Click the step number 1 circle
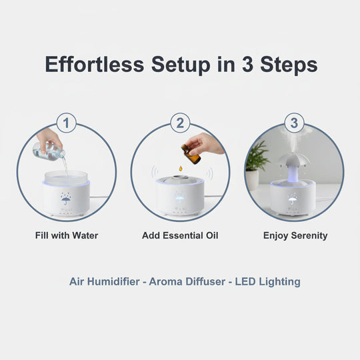pos(66,123)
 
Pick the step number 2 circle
pos(180,123)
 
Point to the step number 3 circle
pos(294,123)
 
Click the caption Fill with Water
pos(66,235)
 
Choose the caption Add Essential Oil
pos(180,235)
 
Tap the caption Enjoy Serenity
pos(295,235)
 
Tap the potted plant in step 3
pos(257,163)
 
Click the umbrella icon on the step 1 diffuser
pos(66,198)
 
